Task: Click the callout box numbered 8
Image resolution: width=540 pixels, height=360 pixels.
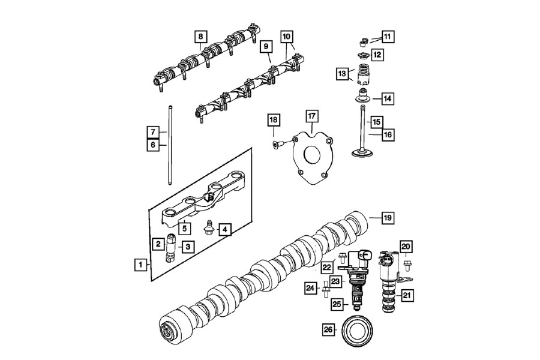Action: pos(201,37)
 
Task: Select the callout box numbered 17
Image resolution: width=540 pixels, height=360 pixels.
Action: pos(311,116)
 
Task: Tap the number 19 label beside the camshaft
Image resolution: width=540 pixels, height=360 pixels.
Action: pos(388,218)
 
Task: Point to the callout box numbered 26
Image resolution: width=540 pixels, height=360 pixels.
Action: pos(328,329)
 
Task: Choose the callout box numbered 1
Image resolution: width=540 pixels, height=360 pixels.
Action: pos(140,265)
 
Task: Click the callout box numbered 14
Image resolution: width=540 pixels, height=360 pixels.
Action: pos(388,99)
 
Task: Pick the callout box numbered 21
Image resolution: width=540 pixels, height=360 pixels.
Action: pos(407,295)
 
